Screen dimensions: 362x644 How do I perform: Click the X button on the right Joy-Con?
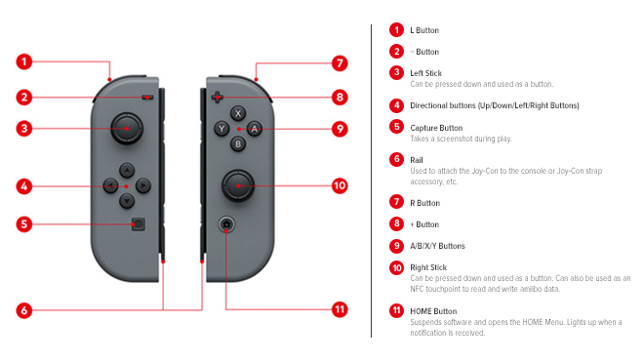(x=237, y=113)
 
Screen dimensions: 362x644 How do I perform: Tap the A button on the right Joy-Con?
(x=253, y=128)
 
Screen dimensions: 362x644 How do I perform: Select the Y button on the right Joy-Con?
(x=221, y=128)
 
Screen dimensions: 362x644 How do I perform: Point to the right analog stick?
(x=237, y=183)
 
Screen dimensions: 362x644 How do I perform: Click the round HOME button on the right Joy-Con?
(x=226, y=224)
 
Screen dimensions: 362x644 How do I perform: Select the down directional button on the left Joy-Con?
(x=126, y=200)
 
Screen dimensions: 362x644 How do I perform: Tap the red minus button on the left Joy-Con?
(x=145, y=97)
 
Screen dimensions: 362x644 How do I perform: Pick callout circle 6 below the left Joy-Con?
(x=26, y=310)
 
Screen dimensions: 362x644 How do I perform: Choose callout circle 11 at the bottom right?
(x=339, y=310)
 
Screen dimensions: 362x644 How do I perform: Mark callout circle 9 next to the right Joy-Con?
(x=339, y=128)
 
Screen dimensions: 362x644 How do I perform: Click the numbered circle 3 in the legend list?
(x=396, y=72)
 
